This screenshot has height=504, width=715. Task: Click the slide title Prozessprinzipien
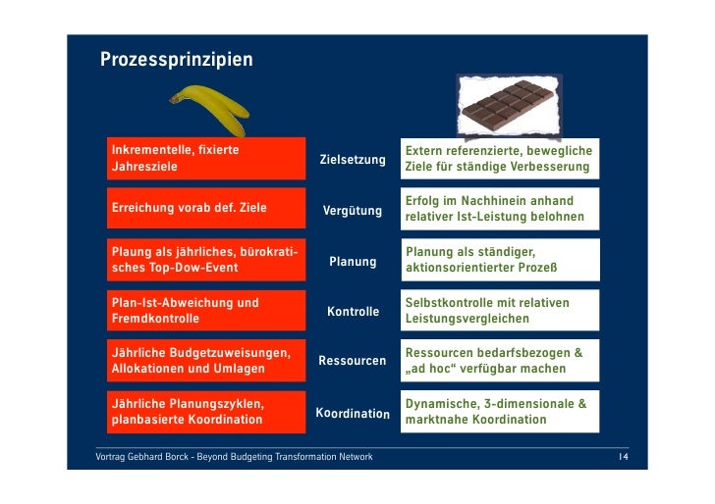click(176, 61)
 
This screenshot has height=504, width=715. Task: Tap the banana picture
click(210, 110)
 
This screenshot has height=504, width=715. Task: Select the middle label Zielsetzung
click(353, 159)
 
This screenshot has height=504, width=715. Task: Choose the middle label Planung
click(353, 262)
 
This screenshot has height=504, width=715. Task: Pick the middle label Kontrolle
click(353, 312)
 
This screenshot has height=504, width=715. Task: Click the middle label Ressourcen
click(353, 361)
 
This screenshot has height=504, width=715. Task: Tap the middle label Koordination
click(353, 414)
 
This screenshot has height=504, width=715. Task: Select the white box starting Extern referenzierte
click(499, 160)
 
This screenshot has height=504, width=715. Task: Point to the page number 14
click(623, 458)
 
